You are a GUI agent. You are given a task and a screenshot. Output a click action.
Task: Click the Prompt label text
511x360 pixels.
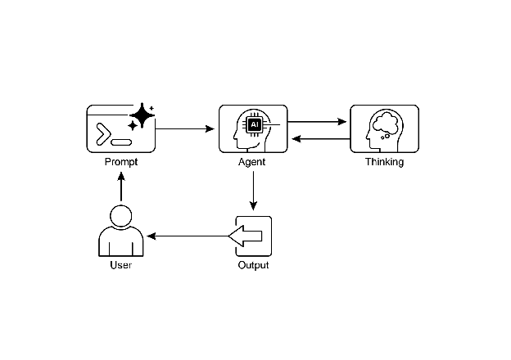(x=121, y=162)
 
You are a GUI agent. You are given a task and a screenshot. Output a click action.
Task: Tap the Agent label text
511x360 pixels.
(x=253, y=162)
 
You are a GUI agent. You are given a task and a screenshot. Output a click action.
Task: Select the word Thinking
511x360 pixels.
(x=384, y=162)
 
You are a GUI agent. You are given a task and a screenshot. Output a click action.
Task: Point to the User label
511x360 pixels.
(x=121, y=265)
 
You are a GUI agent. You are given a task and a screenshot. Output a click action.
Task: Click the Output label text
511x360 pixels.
(x=253, y=265)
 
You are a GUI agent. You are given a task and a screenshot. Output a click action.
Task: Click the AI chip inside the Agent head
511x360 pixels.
(x=255, y=124)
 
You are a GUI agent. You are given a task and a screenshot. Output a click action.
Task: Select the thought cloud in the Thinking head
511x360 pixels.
(x=384, y=124)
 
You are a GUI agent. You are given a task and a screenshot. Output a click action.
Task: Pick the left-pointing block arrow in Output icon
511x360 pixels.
(x=246, y=236)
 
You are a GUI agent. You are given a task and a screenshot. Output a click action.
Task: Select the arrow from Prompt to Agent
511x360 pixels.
(x=185, y=128)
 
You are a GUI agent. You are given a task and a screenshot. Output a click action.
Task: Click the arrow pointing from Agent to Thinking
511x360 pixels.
(x=319, y=122)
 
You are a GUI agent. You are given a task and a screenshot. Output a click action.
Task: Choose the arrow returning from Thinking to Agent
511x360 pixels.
(x=319, y=138)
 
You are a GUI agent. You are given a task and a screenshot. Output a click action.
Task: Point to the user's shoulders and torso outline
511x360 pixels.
(x=121, y=243)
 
